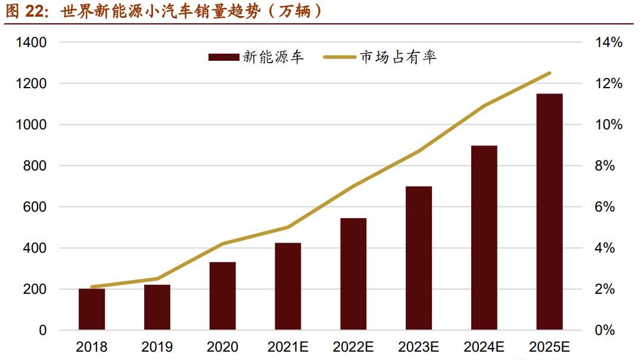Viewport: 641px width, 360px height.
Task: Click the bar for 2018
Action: pos(92,309)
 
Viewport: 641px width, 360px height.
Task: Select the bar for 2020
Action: pos(222,296)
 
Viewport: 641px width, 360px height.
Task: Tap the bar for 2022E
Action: pos(353,274)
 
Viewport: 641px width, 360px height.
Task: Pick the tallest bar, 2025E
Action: pos(549,212)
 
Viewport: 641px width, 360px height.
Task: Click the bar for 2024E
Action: pos(484,238)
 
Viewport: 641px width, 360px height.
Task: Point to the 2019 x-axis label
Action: pos(157,347)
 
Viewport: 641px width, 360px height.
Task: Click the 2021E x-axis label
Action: pos(288,347)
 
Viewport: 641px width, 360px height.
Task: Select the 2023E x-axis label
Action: pos(418,347)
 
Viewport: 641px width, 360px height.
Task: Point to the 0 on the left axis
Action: pos(42,330)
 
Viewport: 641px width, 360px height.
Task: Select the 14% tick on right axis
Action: pos(608,43)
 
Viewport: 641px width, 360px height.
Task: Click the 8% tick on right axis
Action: pos(605,166)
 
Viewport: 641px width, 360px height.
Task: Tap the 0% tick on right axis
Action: pos(605,330)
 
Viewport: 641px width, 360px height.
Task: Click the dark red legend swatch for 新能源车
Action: pos(223,57)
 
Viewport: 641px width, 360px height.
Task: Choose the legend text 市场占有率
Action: pos(398,57)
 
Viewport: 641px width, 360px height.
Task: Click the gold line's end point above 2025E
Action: pos(549,73)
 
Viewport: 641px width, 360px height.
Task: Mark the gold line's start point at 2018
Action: pos(92,287)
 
